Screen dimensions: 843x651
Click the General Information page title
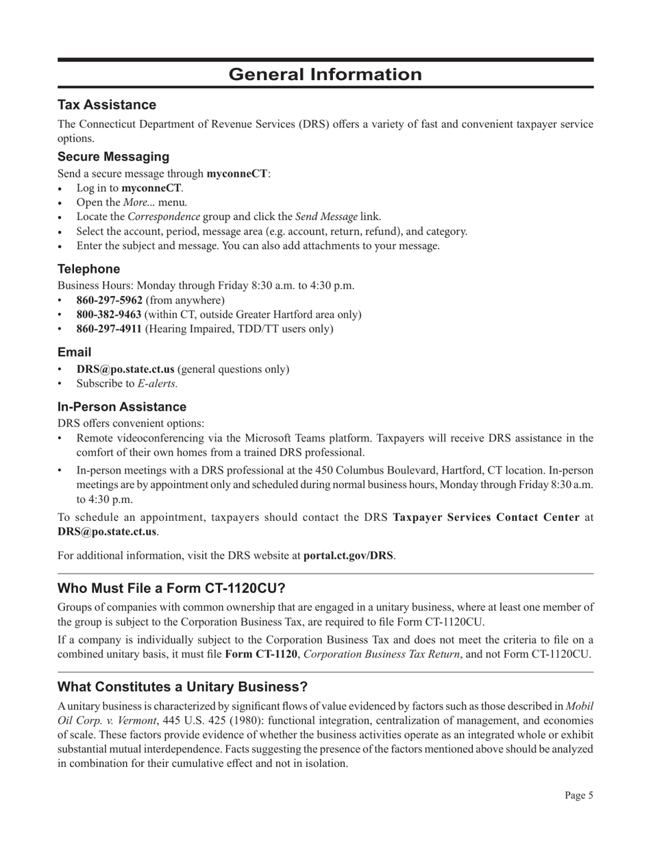click(x=325, y=74)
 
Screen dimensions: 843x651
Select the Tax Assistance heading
click(x=106, y=105)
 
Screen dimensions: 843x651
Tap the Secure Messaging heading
click(x=113, y=156)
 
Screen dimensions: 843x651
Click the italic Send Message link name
click(x=326, y=217)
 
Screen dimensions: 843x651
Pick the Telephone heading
click(x=88, y=269)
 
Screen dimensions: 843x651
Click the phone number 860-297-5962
click(x=109, y=300)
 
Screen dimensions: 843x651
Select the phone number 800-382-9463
click(x=109, y=315)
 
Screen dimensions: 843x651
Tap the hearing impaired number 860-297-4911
click(x=109, y=329)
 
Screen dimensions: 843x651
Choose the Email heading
click(x=74, y=352)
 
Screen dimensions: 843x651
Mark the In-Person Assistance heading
click(x=121, y=407)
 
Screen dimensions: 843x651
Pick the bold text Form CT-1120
click(x=261, y=654)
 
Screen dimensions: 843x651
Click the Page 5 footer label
click(x=578, y=796)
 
